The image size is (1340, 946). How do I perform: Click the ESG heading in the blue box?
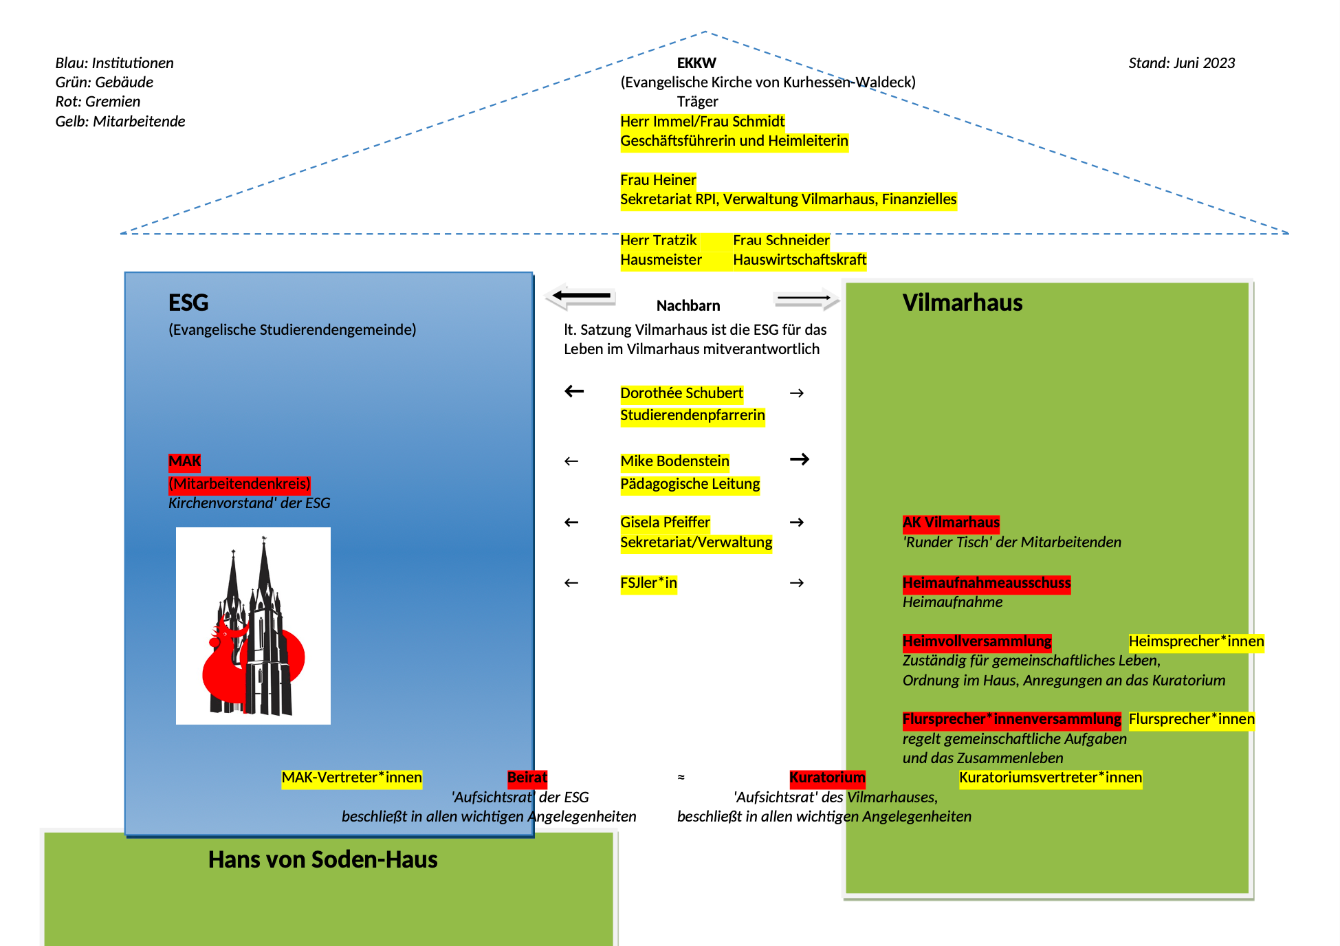[188, 302]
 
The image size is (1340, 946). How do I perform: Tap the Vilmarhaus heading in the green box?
[962, 302]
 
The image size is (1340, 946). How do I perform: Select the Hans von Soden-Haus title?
[322, 859]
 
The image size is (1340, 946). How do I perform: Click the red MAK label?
[184, 461]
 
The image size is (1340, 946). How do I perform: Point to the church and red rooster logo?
[253, 626]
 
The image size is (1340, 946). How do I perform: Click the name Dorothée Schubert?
[681, 393]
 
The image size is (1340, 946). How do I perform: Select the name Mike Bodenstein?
[674, 461]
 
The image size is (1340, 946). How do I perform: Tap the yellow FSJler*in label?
[648, 583]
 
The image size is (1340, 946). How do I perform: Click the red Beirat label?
[527, 778]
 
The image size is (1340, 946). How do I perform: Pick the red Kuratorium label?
[827, 778]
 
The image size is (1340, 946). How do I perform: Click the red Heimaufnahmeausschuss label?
[987, 583]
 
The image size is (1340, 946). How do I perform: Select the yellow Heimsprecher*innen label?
[1196, 641]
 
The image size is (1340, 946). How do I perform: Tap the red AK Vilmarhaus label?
[951, 522]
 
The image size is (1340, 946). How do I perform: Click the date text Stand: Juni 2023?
[1181, 63]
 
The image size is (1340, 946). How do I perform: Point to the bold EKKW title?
[696, 63]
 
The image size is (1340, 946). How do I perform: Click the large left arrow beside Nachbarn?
[581, 296]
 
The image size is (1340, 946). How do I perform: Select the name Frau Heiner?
[658, 180]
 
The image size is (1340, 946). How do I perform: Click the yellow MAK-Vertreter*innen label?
[351, 778]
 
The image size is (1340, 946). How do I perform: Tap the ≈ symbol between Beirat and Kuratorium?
[681, 778]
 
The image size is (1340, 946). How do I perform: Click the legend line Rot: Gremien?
[98, 102]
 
